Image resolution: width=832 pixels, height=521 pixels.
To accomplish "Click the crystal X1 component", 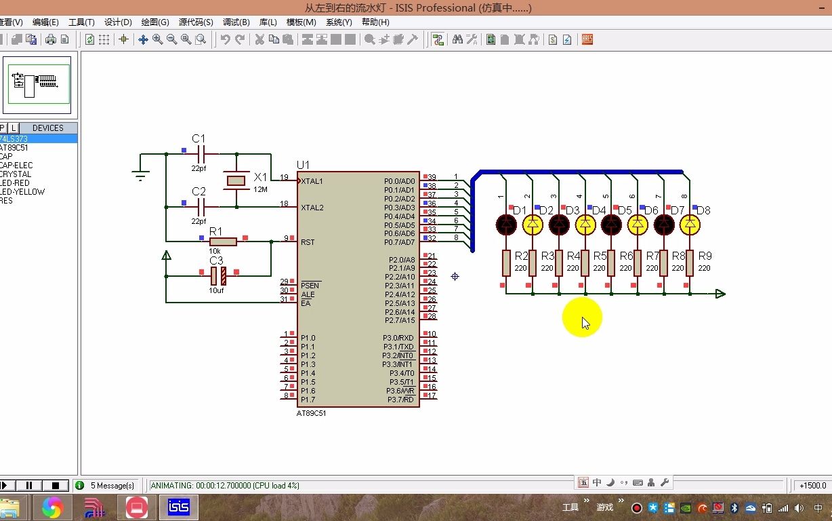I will [x=236, y=180].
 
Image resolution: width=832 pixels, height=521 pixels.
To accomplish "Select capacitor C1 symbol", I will [x=199, y=154].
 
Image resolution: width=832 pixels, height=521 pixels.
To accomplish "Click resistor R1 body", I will [x=223, y=242].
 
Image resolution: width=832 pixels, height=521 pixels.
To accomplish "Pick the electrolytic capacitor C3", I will [x=218, y=275].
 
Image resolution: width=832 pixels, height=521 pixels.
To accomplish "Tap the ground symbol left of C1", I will [x=140, y=176].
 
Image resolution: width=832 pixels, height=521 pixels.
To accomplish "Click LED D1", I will [x=506, y=225].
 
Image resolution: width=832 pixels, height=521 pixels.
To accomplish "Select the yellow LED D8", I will [x=690, y=225].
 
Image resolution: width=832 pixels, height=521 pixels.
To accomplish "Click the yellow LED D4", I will [x=585, y=225].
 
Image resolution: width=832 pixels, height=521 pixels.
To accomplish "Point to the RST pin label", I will [x=308, y=242].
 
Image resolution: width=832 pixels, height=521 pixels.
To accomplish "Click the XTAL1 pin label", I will [x=312, y=181].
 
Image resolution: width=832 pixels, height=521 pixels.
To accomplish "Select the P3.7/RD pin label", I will [x=400, y=400].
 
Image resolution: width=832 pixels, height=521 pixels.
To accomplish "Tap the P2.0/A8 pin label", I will [x=402, y=260].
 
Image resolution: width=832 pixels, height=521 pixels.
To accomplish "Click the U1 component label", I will [x=303, y=165].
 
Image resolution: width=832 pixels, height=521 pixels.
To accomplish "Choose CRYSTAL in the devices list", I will [x=16, y=174].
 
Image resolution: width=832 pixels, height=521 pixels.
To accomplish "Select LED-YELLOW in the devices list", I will [x=22, y=192].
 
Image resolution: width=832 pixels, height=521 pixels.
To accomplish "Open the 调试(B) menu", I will [x=236, y=22].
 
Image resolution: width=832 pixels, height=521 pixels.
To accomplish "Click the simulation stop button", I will [x=56, y=486].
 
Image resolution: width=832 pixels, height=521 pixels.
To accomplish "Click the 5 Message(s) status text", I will [x=112, y=486].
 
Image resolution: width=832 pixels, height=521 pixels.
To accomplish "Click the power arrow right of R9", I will [x=720, y=294].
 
